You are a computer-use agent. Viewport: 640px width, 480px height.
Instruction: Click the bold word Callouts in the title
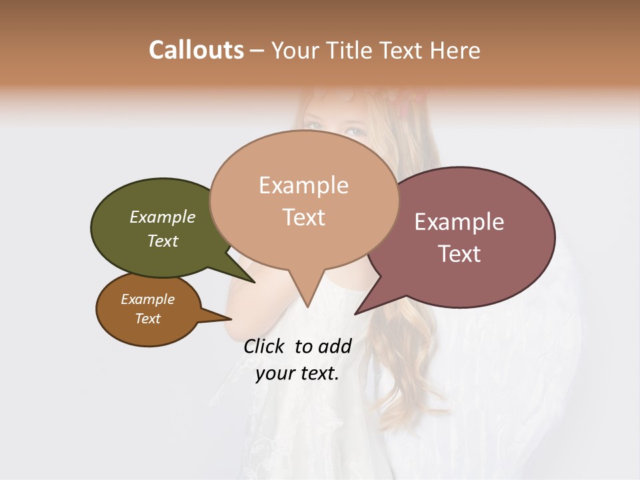196,50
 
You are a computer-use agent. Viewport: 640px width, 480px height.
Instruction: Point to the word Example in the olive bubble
163,217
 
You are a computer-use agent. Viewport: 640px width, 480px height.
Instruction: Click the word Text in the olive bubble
163,241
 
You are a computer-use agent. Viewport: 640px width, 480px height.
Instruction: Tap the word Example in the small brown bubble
147,299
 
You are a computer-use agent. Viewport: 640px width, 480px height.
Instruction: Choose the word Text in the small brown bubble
147,319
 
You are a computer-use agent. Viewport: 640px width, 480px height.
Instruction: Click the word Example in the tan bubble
303,185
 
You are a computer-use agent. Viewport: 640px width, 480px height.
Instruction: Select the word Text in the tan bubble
303,217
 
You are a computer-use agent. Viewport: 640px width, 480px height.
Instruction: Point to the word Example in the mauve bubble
459,222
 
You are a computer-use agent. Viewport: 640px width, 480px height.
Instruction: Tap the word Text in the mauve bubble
459,254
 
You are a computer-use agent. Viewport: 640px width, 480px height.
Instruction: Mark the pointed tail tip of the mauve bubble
356,313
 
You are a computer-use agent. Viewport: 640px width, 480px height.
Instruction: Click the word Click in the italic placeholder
265,346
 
